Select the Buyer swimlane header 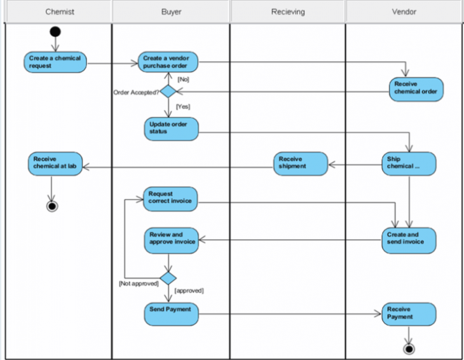pos(170,11)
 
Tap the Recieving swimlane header pos(287,11)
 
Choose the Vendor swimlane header pos(404,11)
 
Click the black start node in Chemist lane pos(55,31)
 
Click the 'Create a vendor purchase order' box pos(168,62)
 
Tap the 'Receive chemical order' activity pos(415,88)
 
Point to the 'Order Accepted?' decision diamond pos(168,92)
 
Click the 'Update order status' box pos(171,128)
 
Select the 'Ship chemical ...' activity pos(409,163)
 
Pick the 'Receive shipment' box pos(301,163)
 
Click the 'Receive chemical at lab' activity pos(56,163)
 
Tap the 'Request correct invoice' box pos(171,198)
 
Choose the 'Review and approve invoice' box pos(171,239)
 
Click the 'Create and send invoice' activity pos(409,239)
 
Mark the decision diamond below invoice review pos(168,277)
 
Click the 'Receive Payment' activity pos(409,314)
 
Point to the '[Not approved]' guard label pos(138,283)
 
